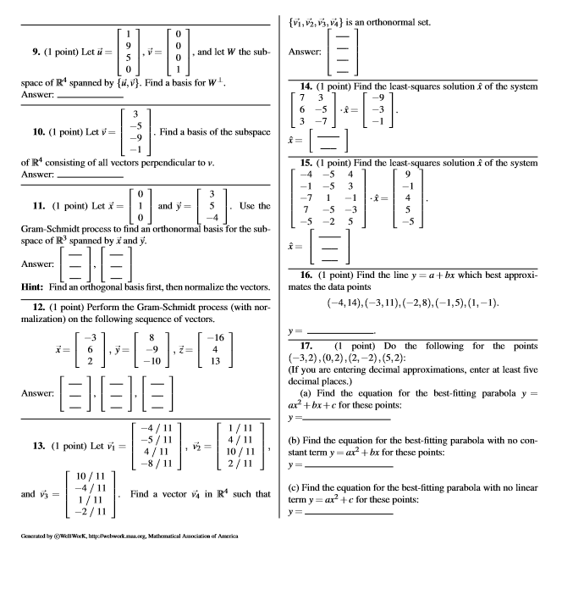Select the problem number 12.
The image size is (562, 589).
pyautogui.click(x=19, y=286)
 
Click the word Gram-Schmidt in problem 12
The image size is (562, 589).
pyautogui.click(x=139, y=286)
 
